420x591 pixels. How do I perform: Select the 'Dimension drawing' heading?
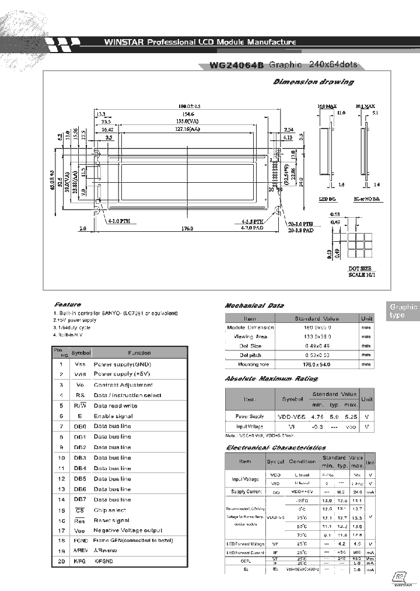(313, 82)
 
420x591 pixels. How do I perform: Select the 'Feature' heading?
(67, 304)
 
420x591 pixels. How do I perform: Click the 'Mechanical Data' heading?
(254, 305)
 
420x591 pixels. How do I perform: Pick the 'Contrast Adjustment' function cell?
(123, 385)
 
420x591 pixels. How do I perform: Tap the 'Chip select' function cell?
(110, 510)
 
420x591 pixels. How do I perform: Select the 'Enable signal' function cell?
(113, 416)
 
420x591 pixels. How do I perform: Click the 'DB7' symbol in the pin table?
(80, 499)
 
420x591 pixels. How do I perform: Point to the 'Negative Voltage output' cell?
(128, 530)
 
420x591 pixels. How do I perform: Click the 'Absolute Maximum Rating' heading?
(271, 379)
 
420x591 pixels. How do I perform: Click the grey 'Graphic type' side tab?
(404, 311)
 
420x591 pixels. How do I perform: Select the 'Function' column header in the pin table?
(139, 353)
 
